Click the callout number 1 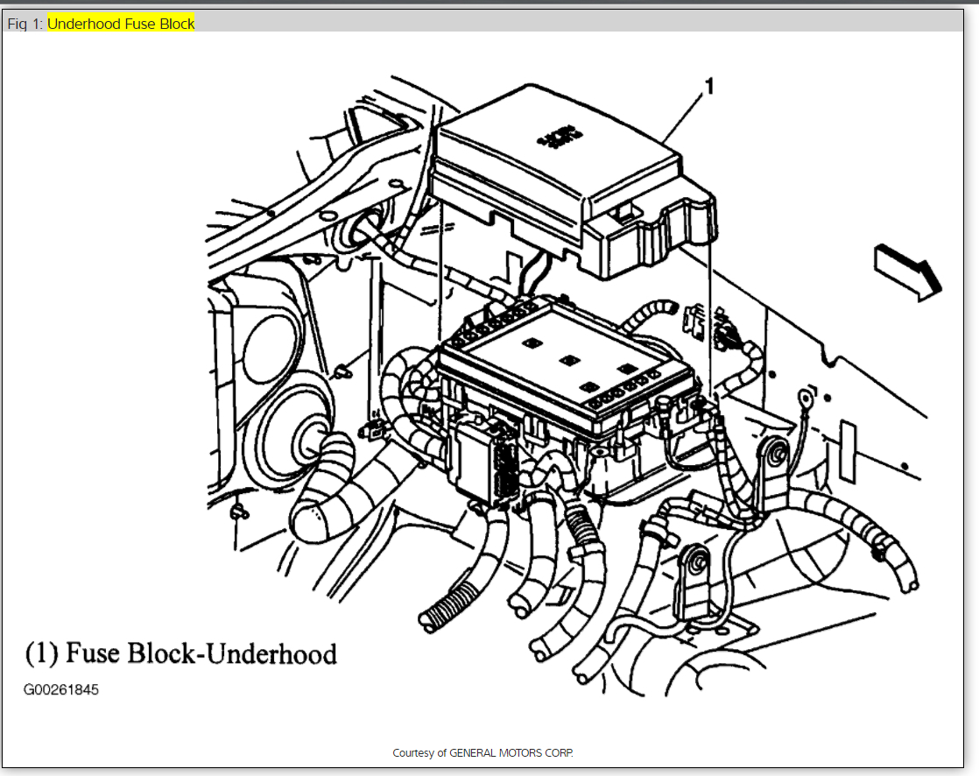coord(709,86)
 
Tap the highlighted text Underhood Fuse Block coord(121,24)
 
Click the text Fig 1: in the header coord(25,24)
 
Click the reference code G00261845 coord(61,690)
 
